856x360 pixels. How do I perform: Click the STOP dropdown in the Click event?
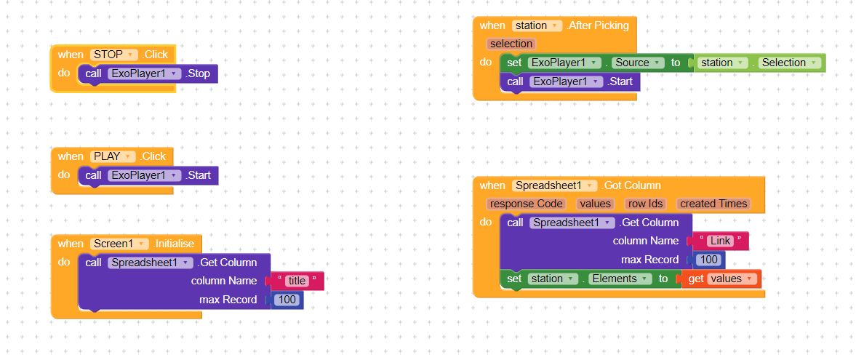click(x=113, y=55)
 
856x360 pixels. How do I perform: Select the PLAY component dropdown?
click(x=113, y=156)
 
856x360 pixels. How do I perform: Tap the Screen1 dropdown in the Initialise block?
click(x=120, y=244)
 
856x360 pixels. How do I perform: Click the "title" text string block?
click(x=297, y=281)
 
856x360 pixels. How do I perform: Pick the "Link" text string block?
click(x=719, y=241)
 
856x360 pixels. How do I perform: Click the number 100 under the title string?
click(x=288, y=300)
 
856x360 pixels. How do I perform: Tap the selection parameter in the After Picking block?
click(x=511, y=44)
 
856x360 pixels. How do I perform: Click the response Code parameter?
click(x=526, y=204)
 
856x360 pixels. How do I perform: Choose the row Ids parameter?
click(x=646, y=204)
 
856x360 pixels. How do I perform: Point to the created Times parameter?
click(x=713, y=204)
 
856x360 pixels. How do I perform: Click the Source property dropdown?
click(x=637, y=63)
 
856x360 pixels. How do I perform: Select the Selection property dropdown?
click(x=788, y=63)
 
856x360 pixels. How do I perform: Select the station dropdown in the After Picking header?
click(x=537, y=25)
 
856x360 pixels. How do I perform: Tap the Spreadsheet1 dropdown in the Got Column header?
click(x=555, y=185)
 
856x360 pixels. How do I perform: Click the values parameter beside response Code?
click(x=596, y=204)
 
